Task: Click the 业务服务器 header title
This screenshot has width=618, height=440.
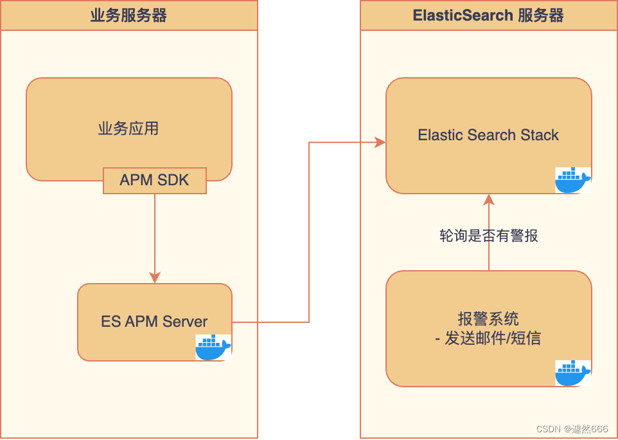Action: pyautogui.click(x=128, y=15)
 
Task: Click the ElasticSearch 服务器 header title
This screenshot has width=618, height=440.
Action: pyautogui.click(x=488, y=15)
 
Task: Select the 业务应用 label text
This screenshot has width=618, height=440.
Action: pyautogui.click(x=128, y=129)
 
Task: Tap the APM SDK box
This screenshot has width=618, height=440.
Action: pyautogui.click(x=155, y=180)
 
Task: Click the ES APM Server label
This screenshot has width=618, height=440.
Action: pyautogui.click(x=154, y=322)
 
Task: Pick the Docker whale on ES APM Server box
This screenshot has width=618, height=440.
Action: pyautogui.click(x=213, y=347)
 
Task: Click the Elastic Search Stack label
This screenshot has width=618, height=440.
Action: pyautogui.click(x=488, y=135)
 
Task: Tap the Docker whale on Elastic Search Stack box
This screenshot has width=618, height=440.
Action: pyautogui.click(x=573, y=180)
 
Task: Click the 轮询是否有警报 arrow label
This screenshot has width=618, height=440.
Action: pyautogui.click(x=488, y=235)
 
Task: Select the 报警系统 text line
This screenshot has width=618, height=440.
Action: pyautogui.click(x=488, y=318)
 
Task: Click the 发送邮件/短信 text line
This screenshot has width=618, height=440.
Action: pyautogui.click(x=493, y=338)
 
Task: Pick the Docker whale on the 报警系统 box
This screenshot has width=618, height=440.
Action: pyautogui.click(x=573, y=373)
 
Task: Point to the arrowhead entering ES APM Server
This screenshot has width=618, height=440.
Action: pyautogui.click(x=155, y=277)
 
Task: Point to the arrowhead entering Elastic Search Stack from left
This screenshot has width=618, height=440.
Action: pyautogui.click(x=380, y=142)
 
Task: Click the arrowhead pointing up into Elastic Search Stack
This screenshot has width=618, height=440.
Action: pyautogui.click(x=489, y=199)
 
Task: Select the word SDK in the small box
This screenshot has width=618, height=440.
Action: pyautogui.click(x=173, y=180)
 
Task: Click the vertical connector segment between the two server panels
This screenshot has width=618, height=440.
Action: pyautogui.click(x=309, y=232)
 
